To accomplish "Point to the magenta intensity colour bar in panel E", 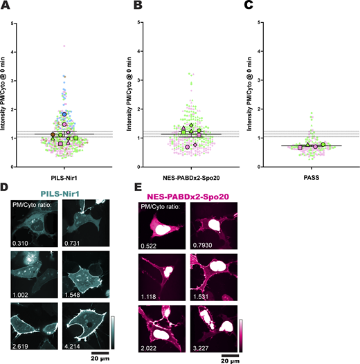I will coord(241,334).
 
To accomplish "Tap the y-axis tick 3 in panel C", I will coord(258,80).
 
